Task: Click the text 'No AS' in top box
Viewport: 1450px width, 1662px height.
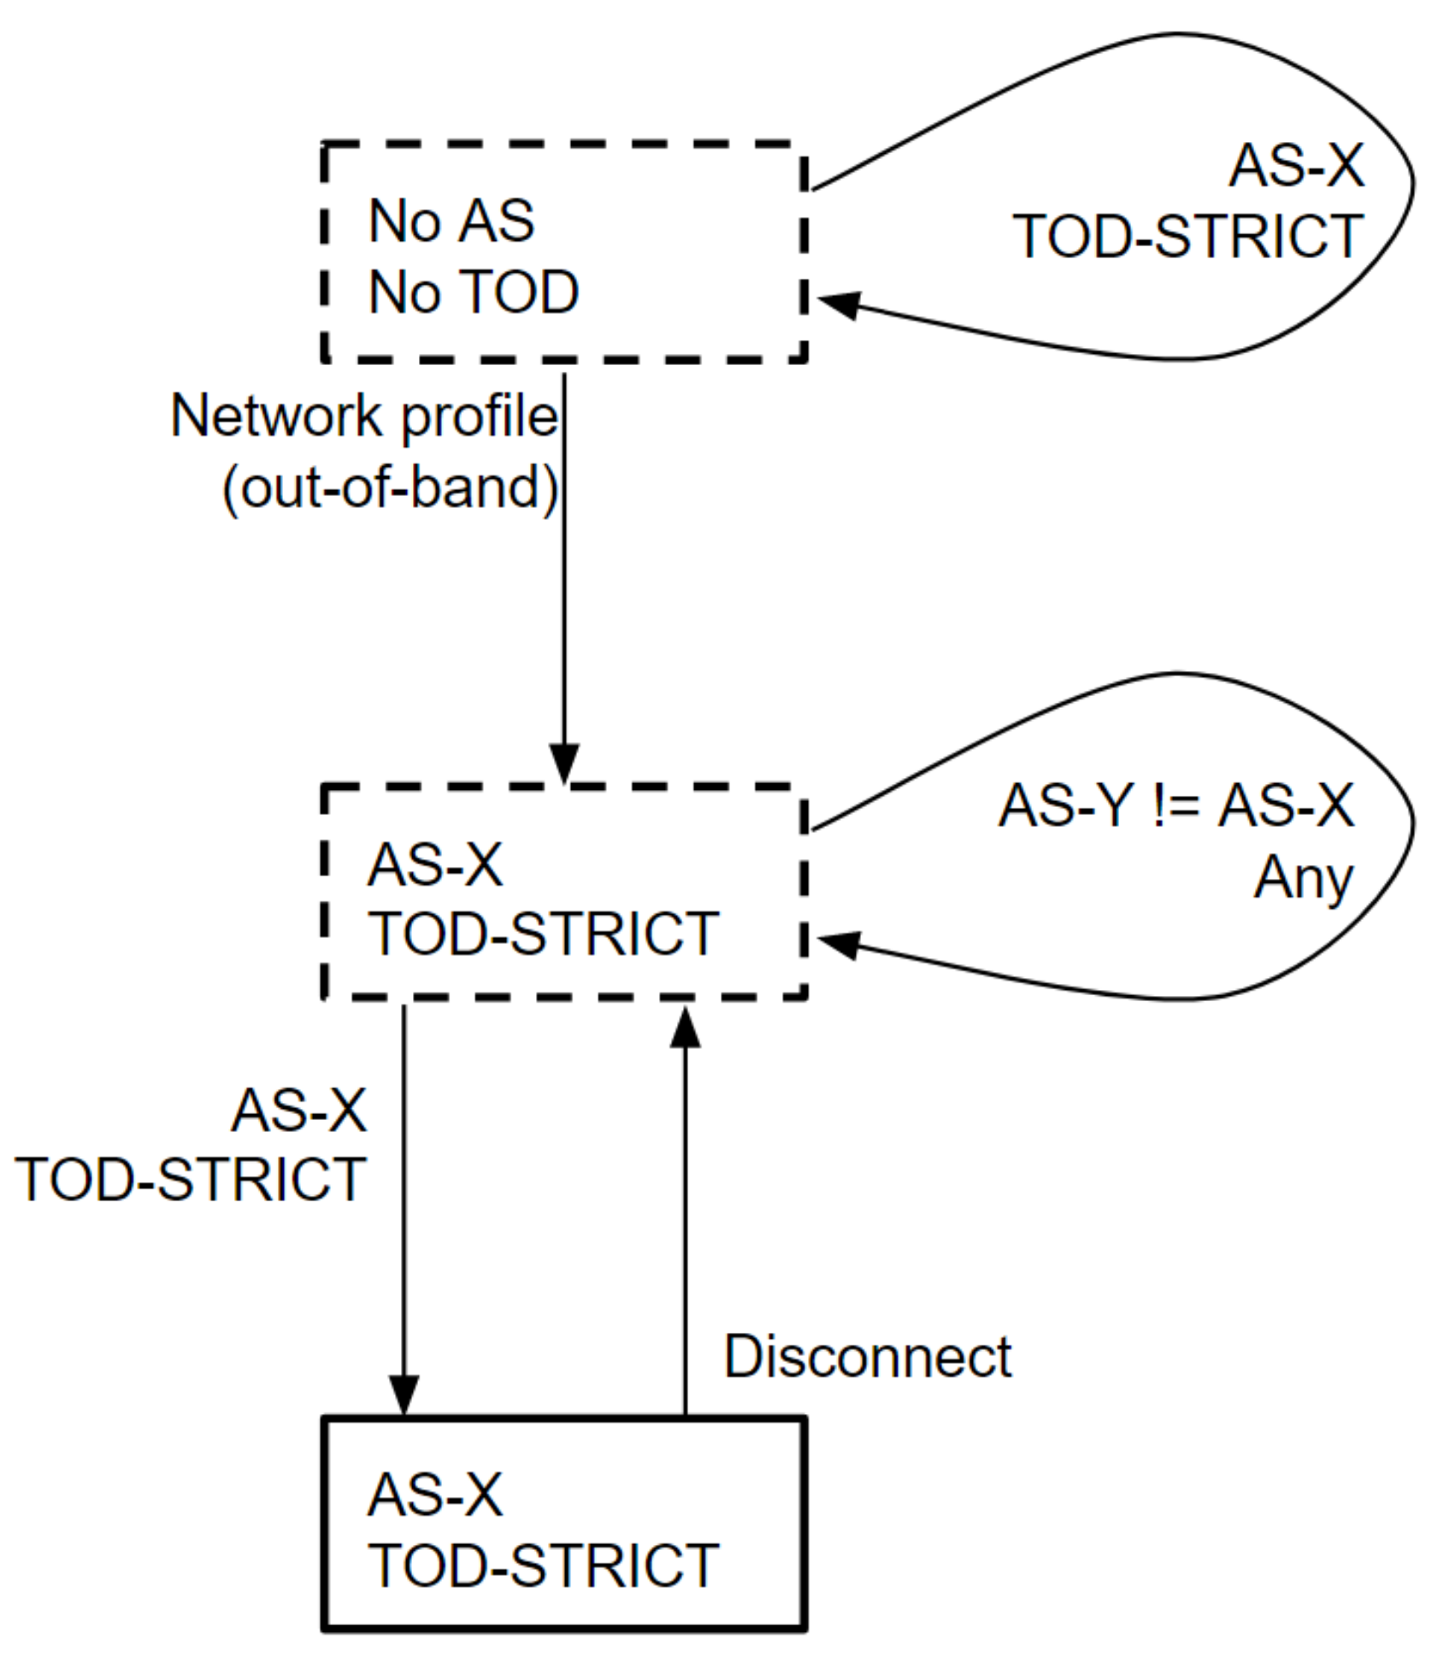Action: pyautogui.click(x=451, y=221)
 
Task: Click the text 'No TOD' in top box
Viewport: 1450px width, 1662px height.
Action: pyautogui.click(x=474, y=293)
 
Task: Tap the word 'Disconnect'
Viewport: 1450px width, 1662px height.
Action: pyautogui.click(x=867, y=1357)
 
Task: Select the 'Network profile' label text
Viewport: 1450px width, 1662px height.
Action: pyautogui.click(x=364, y=416)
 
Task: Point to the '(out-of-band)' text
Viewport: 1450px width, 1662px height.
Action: pyautogui.click(x=390, y=488)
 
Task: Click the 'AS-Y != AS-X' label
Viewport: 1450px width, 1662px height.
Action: pyautogui.click(x=1176, y=805)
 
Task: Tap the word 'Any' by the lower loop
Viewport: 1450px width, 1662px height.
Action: pyautogui.click(x=1303, y=878)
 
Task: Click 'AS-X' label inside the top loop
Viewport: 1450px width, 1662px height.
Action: pyautogui.click(x=1296, y=165)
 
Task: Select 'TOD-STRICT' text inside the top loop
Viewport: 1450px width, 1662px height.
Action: pyautogui.click(x=1188, y=237)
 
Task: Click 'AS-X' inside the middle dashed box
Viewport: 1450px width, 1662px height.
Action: pyautogui.click(x=435, y=864)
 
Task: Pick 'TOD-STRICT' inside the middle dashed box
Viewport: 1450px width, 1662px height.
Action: pyautogui.click(x=543, y=934)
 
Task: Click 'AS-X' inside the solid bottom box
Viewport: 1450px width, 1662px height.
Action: pyautogui.click(x=435, y=1495)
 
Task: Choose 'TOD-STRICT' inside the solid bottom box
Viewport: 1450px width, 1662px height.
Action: pyautogui.click(x=543, y=1566)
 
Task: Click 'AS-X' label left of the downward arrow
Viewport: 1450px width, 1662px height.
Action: pyautogui.click(x=299, y=1111)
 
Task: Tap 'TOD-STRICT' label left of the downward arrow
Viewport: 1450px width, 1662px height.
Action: pyautogui.click(x=191, y=1181)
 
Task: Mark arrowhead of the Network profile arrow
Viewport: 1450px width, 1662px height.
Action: pyautogui.click(x=564, y=763)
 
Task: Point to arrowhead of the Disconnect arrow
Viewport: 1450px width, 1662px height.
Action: pyautogui.click(x=685, y=1028)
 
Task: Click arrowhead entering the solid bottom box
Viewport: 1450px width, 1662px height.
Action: pyautogui.click(x=404, y=1396)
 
